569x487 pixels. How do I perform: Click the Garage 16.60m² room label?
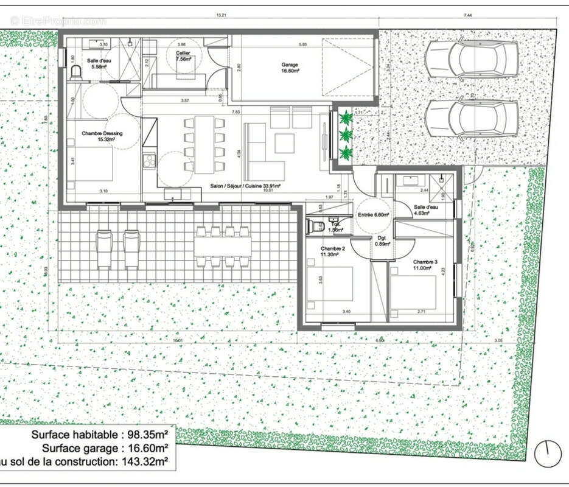tap(290, 68)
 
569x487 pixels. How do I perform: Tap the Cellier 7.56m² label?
tap(183, 57)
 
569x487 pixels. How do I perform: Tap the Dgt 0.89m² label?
tap(382, 240)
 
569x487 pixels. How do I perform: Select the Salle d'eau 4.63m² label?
tap(427, 210)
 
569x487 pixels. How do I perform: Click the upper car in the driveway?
tap(472, 60)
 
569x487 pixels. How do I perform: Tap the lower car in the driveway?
tap(472, 118)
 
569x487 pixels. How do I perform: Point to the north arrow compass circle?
tap(547, 454)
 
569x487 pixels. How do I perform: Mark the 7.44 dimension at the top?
tap(467, 15)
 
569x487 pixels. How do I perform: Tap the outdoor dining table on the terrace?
tap(223, 247)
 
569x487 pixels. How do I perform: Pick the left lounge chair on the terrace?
tap(104, 248)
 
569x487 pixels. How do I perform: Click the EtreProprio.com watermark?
tap(58, 21)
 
